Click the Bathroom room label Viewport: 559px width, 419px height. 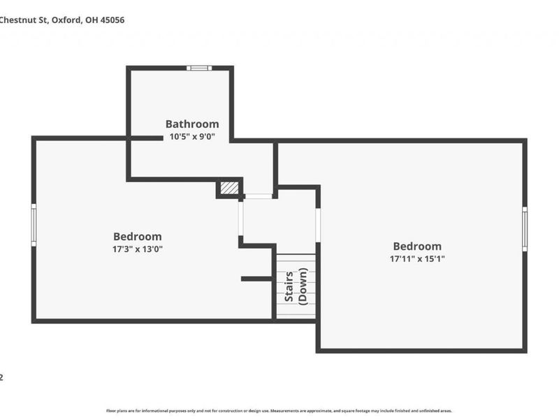pos(192,124)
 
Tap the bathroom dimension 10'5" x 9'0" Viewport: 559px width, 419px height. pos(192,137)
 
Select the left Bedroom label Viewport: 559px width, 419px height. pos(138,237)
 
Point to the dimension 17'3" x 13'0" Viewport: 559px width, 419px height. pos(138,249)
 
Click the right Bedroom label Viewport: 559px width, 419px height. pos(417,246)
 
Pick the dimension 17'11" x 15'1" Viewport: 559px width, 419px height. pos(417,258)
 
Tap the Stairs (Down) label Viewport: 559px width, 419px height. pos(296,286)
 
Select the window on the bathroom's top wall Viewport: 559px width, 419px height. pos(199,68)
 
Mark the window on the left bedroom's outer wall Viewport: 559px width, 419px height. pos(34,224)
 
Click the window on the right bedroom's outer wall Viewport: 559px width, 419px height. pos(525,228)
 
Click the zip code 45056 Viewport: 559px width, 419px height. pos(113,20)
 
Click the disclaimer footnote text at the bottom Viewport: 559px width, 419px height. pos(279,411)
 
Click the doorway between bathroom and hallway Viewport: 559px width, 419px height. pos(259,196)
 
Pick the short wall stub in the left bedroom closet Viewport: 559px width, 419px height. pos(256,279)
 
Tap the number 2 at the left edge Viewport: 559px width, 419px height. pos(2,377)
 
